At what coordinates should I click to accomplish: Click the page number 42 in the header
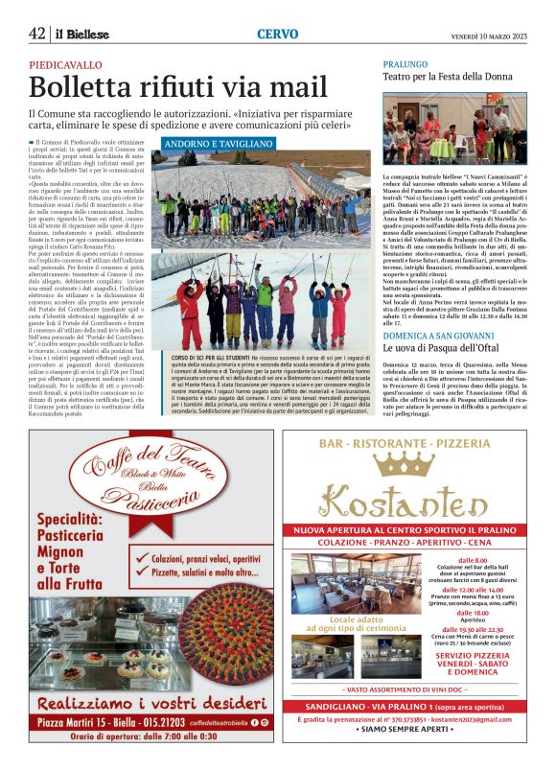(37, 34)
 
